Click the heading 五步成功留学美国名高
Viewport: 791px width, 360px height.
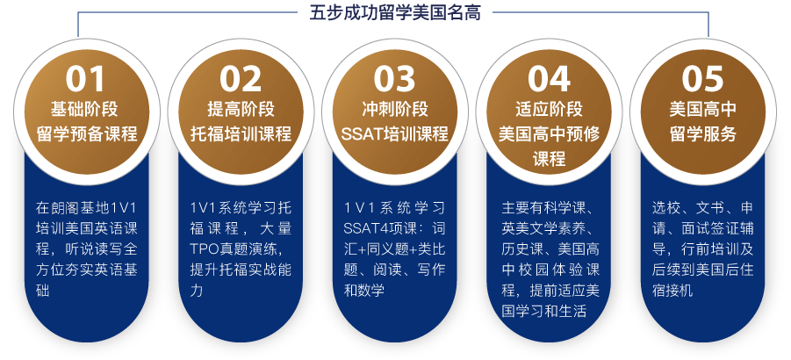coord(395,13)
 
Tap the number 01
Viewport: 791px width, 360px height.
coord(86,79)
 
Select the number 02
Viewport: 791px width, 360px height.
coord(241,79)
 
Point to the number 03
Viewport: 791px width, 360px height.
coord(395,79)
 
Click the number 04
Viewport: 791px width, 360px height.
coord(550,79)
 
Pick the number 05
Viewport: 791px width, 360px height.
coord(702,79)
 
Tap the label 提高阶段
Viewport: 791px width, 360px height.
coord(241,109)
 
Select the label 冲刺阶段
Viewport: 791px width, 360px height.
coord(395,109)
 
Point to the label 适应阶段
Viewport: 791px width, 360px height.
coord(549,109)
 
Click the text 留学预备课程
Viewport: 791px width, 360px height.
coord(87,134)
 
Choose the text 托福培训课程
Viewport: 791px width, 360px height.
coord(241,134)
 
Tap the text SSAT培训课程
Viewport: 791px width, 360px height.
coord(395,134)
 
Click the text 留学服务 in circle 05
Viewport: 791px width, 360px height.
coord(702,134)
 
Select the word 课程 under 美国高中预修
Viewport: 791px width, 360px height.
coord(549,159)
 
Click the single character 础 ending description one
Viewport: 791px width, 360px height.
coord(42,291)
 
